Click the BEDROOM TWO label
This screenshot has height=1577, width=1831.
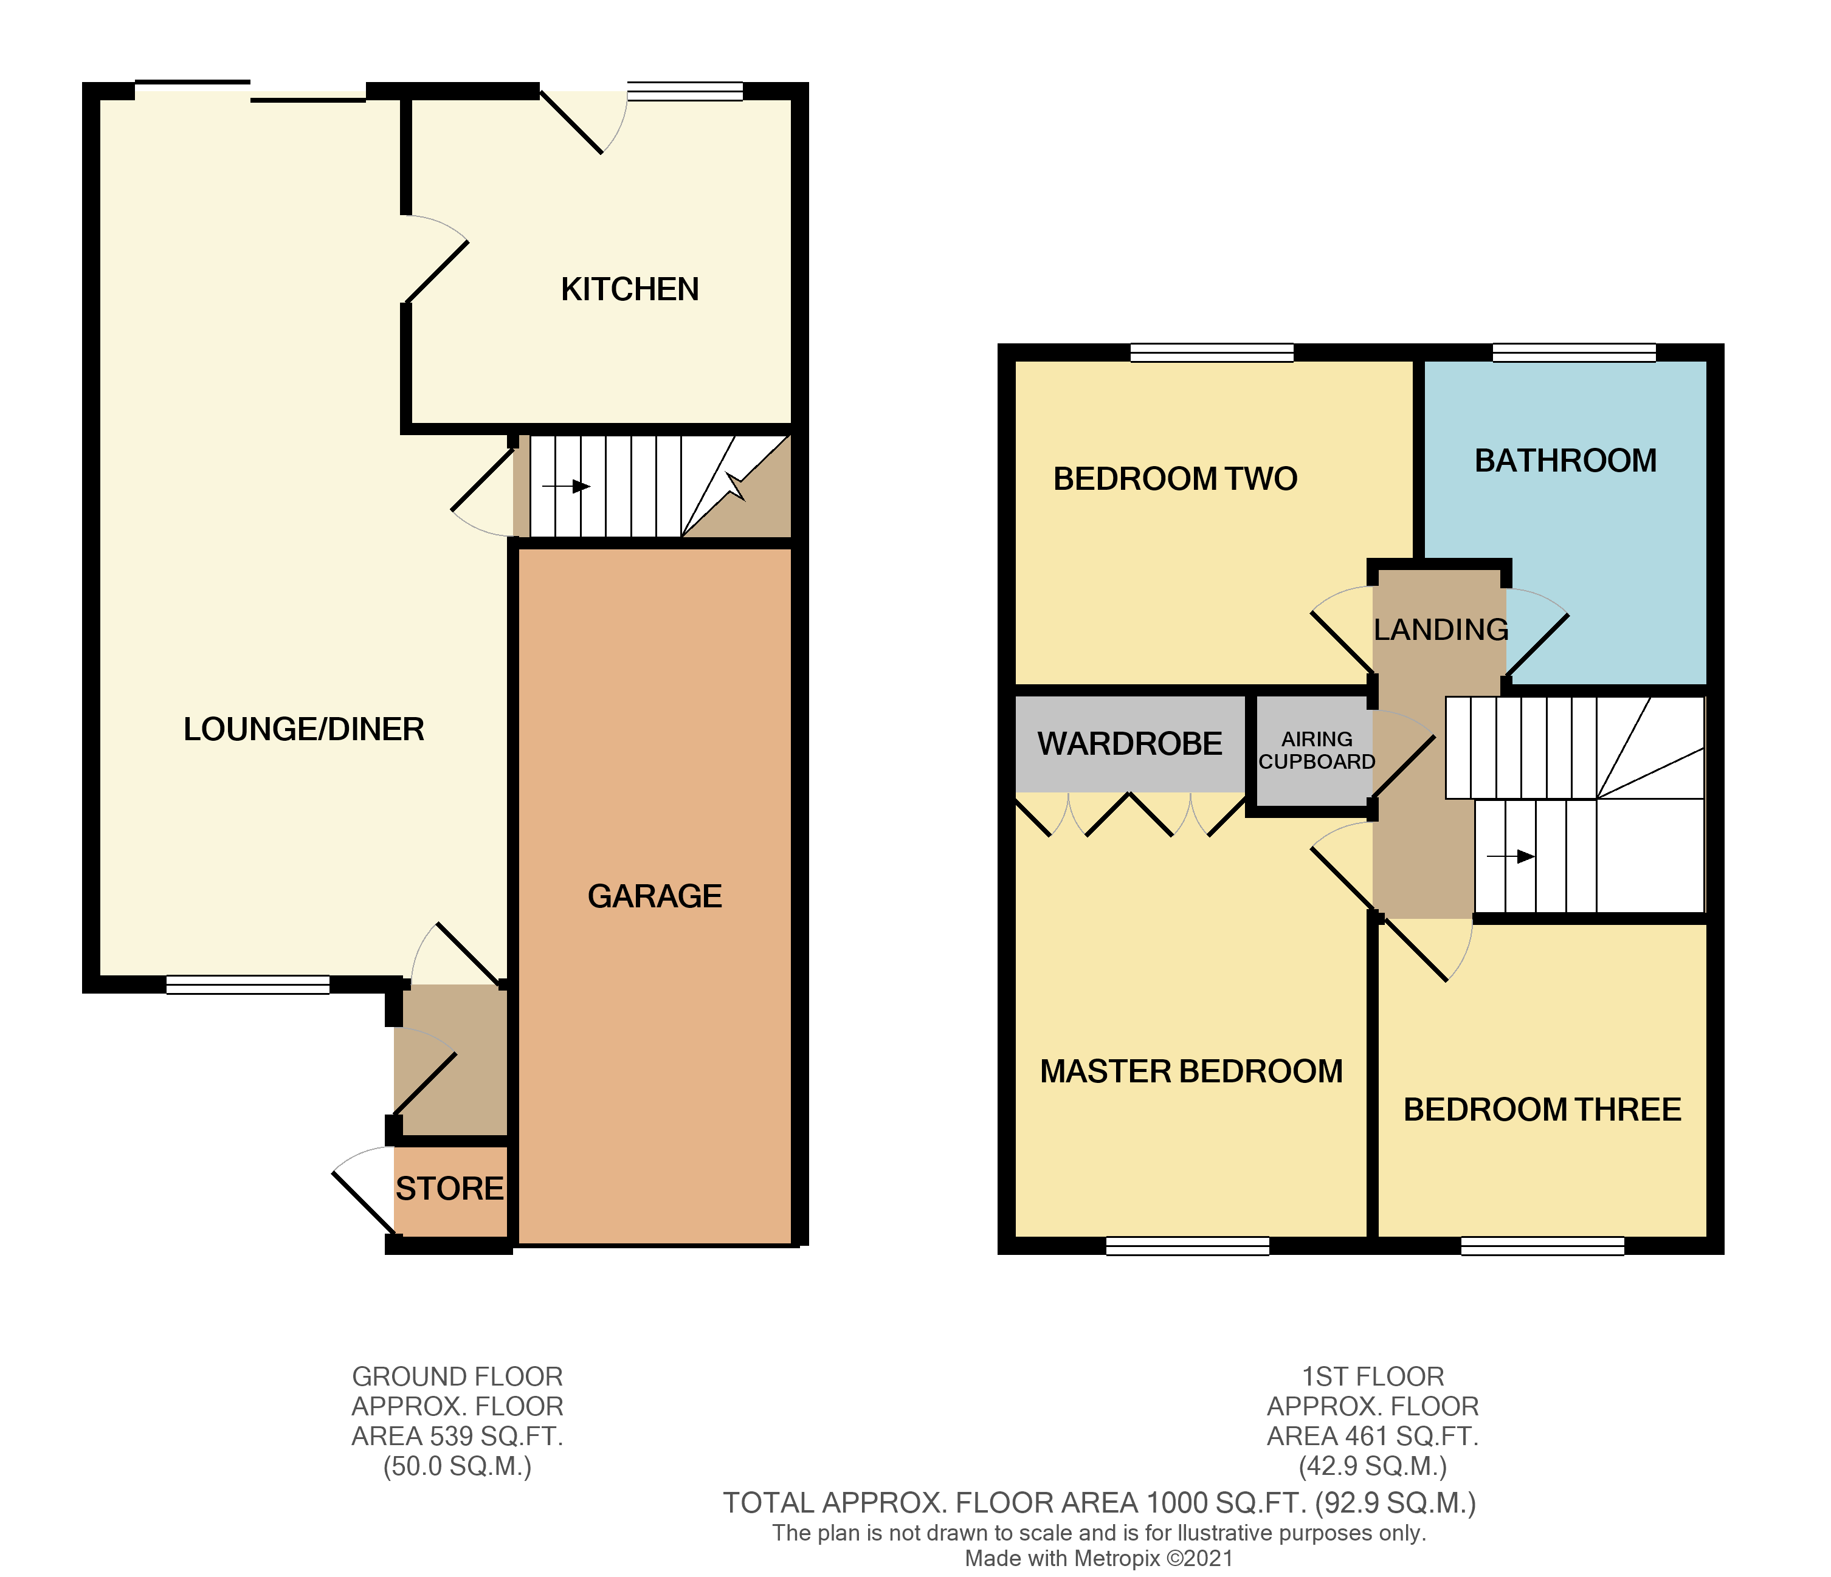pyautogui.click(x=1174, y=479)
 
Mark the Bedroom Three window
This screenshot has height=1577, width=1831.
pyautogui.click(x=1542, y=1246)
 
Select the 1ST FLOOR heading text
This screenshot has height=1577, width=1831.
pyautogui.click(x=1373, y=1376)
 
